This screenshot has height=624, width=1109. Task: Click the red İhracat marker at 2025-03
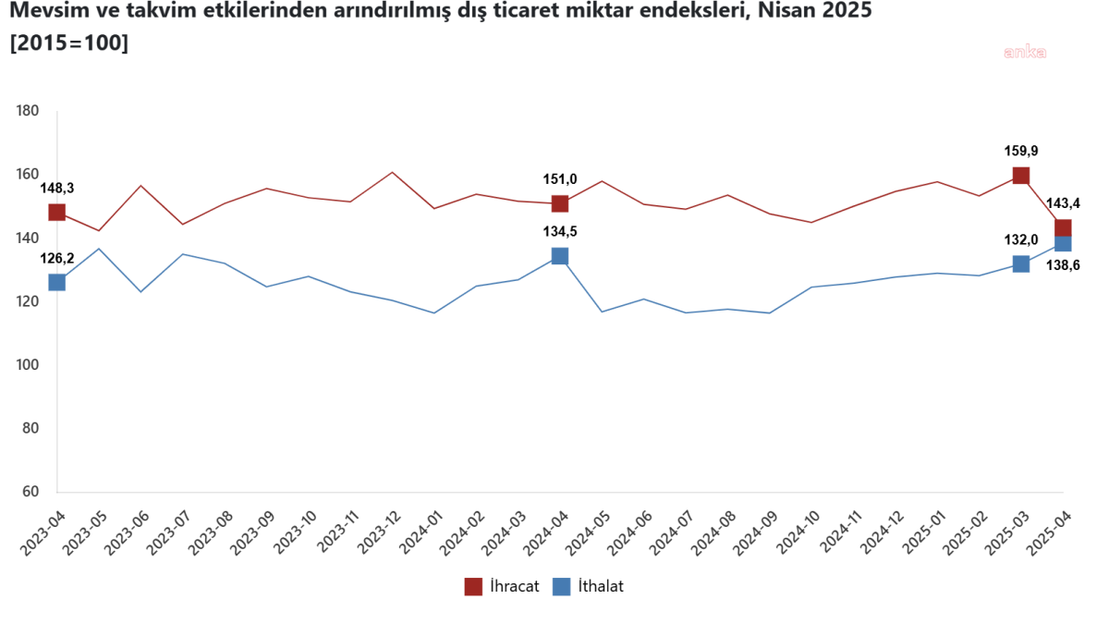pos(1021,176)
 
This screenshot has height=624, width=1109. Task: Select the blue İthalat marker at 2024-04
pos(560,256)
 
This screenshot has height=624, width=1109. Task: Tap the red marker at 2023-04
pos(57,213)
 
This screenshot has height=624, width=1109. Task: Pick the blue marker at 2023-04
pos(57,282)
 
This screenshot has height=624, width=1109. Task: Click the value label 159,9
pos(1021,151)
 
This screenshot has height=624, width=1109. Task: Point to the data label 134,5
pos(560,231)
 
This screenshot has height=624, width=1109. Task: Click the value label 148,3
pos(57,189)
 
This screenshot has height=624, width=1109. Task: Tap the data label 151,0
pos(560,179)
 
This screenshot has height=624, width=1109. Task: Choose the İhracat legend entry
pos(502,586)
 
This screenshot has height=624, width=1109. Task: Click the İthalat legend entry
pos(588,586)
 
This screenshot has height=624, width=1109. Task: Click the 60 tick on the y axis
pos(30,492)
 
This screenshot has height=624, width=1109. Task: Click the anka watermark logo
pos(1025,53)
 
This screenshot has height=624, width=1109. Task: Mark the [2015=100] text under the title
pos(68,43)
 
